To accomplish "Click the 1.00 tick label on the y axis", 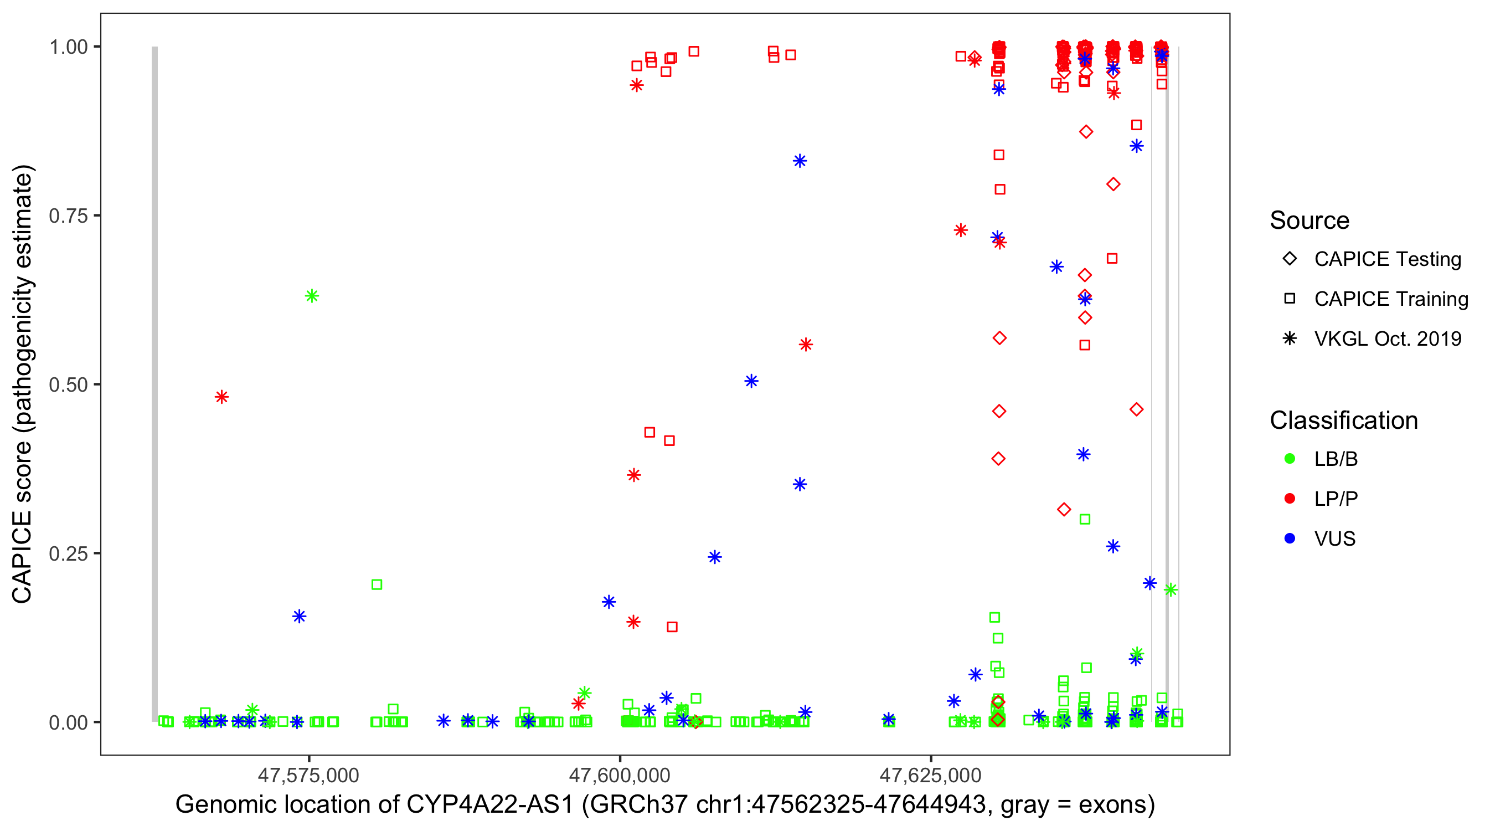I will (68, 47).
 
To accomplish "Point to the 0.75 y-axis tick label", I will (68, 216).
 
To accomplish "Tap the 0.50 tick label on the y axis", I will (68, 384).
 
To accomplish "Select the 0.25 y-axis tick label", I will (68, 553).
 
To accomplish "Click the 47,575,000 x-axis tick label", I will (308, 775).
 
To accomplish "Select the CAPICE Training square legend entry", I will (1290, 299).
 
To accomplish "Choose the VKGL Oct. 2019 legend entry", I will (1290, 338).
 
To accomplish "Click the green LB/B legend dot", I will (1290, 459).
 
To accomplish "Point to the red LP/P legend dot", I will (1290, 499).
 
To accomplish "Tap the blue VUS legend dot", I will (1290, 539).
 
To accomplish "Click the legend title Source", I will (1310, 220).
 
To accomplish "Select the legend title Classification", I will (1343, 420).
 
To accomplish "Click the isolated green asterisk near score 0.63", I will (312, 296).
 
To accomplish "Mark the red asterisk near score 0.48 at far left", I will (221, 397).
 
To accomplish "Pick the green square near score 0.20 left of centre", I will (377, 584).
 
